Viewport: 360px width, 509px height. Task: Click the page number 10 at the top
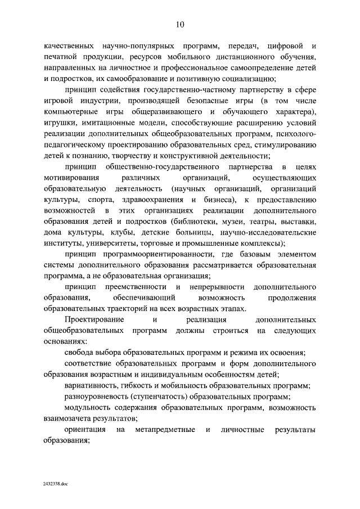click(179, 24)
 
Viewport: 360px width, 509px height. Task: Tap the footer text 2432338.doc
click(55, 483)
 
